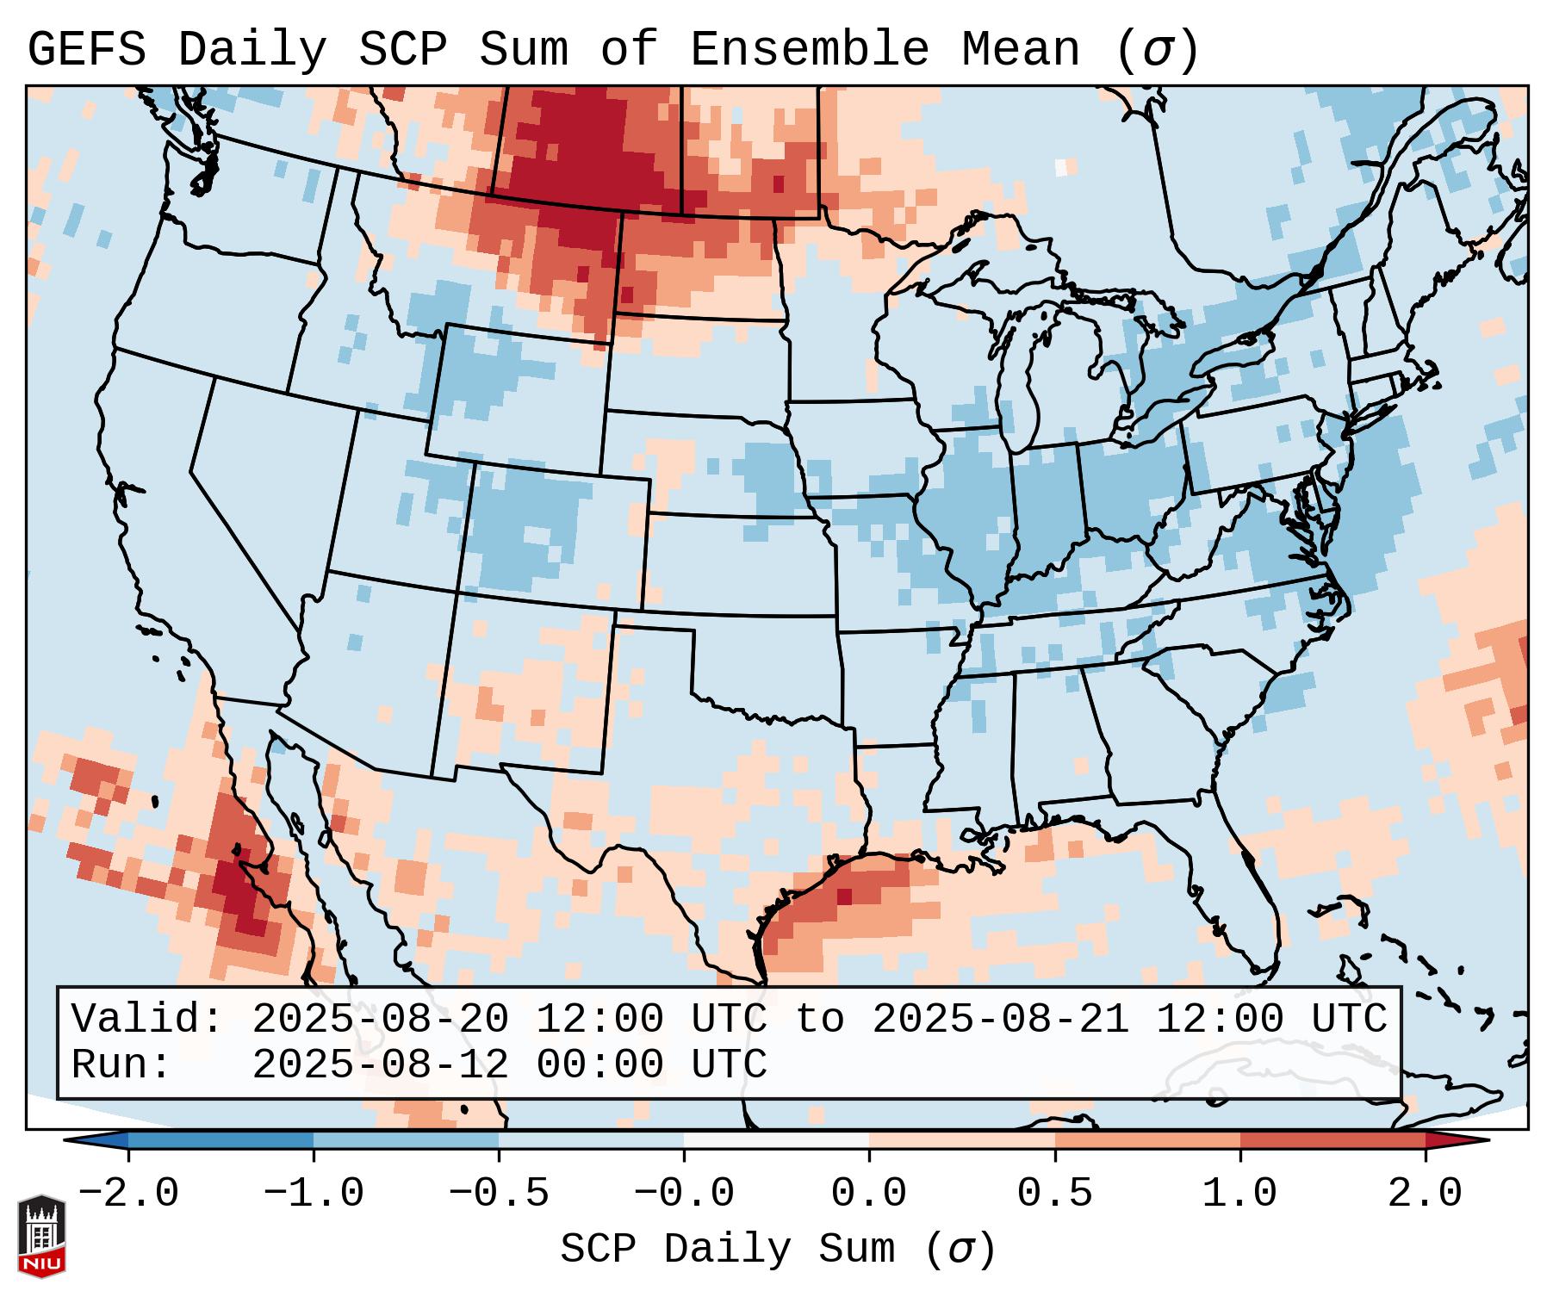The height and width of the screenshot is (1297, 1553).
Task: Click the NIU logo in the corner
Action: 41,1235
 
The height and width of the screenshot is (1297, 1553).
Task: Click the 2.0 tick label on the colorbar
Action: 1425,1194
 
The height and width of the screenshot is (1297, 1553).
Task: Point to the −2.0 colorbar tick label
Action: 128,1194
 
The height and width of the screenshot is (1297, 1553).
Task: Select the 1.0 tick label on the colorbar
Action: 1239,1194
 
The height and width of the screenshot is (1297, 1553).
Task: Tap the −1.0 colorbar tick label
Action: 314,1194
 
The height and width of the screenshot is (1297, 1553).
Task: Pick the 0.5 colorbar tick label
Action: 1054,1194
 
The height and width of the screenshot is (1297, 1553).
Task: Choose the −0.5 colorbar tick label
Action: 499,1194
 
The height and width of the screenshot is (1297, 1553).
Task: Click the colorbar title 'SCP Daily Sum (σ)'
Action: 778,1250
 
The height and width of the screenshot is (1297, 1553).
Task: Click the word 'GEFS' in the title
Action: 87,49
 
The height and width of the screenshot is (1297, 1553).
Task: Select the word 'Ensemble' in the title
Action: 810,49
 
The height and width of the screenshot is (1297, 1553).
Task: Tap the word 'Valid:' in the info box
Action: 147,1019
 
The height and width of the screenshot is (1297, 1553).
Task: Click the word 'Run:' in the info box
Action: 121,1064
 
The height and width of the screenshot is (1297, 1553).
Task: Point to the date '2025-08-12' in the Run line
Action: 380,1064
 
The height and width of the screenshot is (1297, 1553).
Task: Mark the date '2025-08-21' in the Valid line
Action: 1000,1019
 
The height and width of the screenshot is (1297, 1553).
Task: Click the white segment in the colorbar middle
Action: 776,1140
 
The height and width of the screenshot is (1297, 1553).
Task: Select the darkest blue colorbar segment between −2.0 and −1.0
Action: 221,1140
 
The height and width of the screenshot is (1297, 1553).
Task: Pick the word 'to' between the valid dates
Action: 819,1019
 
